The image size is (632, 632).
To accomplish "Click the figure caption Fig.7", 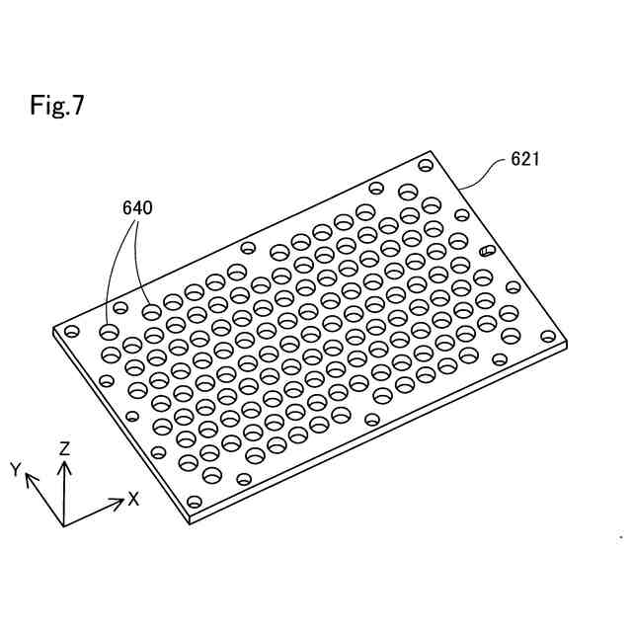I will coord(57,106).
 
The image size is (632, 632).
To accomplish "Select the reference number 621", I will coord(524,158).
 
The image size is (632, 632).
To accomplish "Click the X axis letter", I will coord(133,499).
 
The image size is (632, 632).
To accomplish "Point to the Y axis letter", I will coord(16,469).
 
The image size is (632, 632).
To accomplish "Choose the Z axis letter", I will coord(64,448).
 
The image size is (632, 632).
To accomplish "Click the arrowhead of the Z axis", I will coord(64,464).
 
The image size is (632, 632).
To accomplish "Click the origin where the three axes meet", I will coord(64,524).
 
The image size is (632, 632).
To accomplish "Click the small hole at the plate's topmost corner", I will coord(426,165).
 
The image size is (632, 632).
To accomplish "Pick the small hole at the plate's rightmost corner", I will coord(549,336).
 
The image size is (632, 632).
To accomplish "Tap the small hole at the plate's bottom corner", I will coord(195,502).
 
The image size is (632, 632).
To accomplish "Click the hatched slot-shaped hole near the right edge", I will coord(486,251).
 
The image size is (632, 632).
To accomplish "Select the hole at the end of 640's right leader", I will coord(151,312).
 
